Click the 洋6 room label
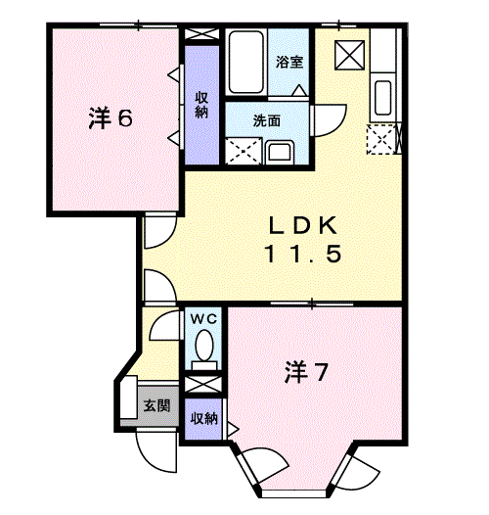(111, 118)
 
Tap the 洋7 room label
(306, 372)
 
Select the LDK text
(302, 225)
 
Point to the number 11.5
(303, 255)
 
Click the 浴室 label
(289, 62)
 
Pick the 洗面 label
(266, 120)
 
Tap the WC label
(203, 318)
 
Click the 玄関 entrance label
(157, 406)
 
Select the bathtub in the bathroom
(246, 62)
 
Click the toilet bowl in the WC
(204, 345)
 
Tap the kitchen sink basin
(382, 98)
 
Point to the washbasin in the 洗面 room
(279, 153)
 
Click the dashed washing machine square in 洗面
(244, 151)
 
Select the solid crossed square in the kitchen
(349, 55)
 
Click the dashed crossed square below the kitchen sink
(381, 139)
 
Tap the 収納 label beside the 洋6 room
(201, 105)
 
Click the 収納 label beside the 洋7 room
(204, 418)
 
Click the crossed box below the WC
(203, 384)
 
